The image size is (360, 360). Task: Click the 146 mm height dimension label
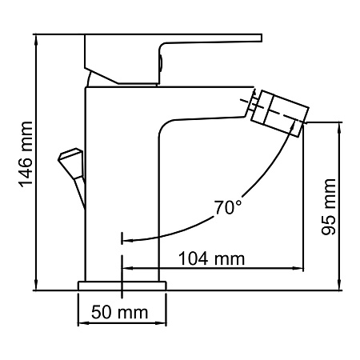(26, 160)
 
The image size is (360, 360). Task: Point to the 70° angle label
(227, 208)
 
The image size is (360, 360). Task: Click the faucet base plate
(122, 285)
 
